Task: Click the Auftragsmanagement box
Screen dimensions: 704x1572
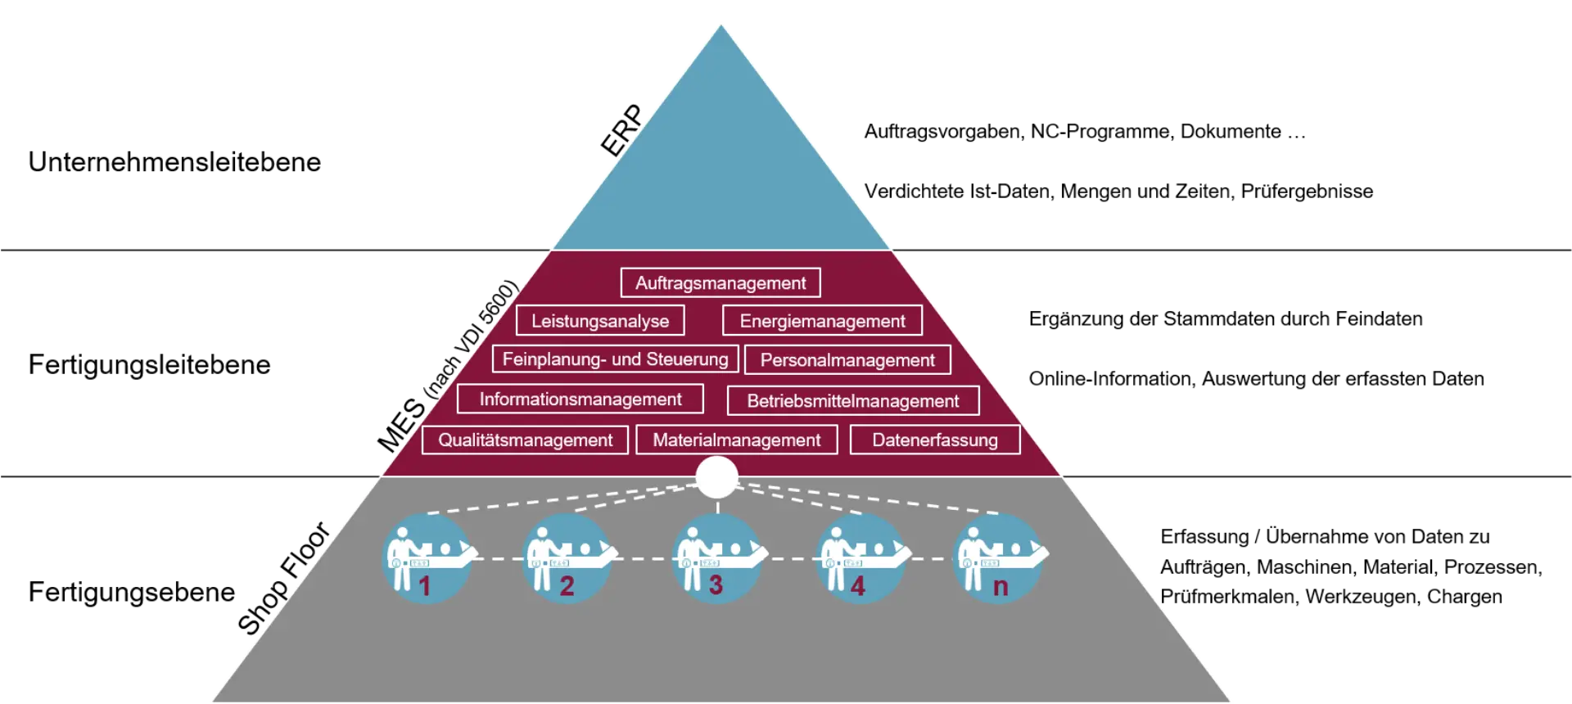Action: pos(720,283)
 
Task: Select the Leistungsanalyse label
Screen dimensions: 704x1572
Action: pos(600,321)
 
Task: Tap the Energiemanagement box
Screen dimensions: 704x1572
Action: pos(822,321)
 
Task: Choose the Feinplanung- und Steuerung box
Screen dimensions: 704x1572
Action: pos(615,359)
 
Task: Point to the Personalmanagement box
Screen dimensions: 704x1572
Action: pos(847,360)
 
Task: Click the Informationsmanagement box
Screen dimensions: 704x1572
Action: pos(580,399)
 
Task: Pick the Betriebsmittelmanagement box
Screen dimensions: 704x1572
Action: pos(853,401)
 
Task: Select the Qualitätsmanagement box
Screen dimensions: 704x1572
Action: pos(525,440)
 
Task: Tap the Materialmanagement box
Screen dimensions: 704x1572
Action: pos(736,440)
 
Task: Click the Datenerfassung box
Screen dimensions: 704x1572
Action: pos(935,440)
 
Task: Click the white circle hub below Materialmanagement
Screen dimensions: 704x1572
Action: pos(716,477)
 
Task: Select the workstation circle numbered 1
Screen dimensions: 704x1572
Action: pos(427,559)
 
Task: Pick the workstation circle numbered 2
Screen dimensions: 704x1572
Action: pos(567,559)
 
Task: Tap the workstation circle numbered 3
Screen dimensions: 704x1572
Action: pos(716,559)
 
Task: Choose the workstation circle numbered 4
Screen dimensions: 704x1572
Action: pos(860,559)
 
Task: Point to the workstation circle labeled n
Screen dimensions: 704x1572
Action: pos(998,559)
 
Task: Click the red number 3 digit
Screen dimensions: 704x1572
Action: pos(716,586)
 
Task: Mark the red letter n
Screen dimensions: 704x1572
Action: pos(1001,587)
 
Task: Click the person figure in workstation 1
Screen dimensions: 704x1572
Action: pos(400,557)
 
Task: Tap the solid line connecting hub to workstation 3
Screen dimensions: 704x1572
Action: pos(717,507)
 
